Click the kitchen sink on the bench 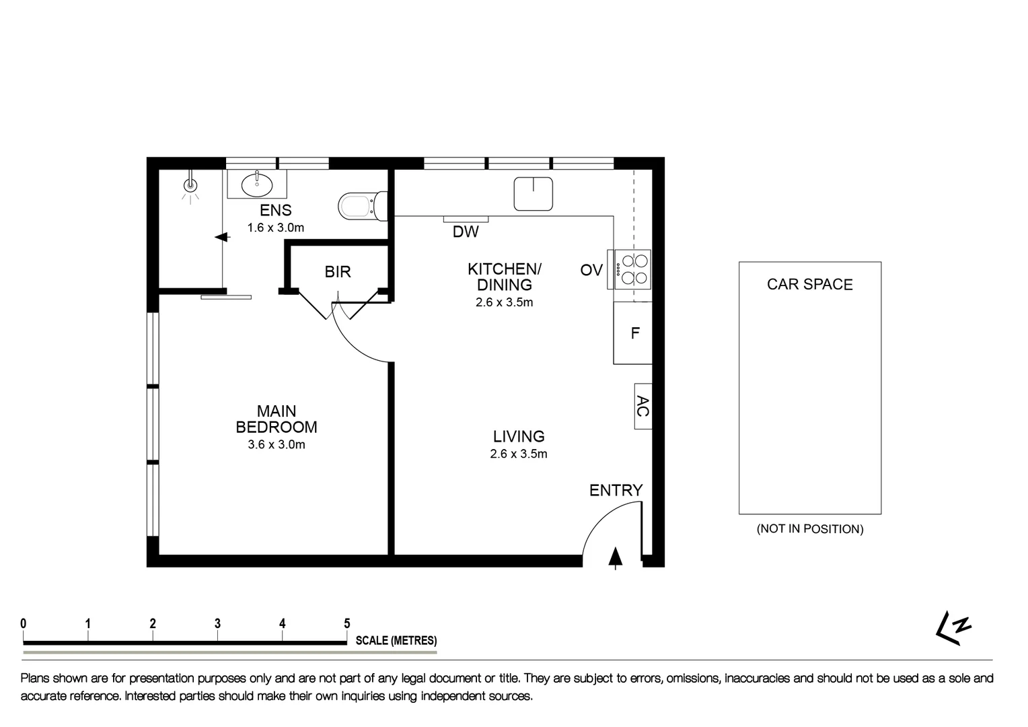click(533, 193)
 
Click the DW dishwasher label click(466, 232)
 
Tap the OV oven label click(591, 270)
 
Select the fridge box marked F click(633, 333)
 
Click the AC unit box click(642, 406)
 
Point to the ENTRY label click(616, 491)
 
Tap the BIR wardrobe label click(338, 272)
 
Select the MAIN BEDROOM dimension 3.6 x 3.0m click(277, 445)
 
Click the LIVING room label click(518, 437)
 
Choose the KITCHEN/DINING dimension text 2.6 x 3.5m click(504, 303)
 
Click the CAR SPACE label click(809, 284)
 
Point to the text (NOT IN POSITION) click(809, 529)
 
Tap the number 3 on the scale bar click(217, 624)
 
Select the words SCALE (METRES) click(396, 641)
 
